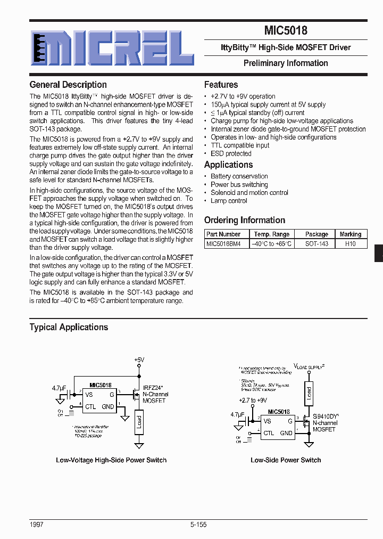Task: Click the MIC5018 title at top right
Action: point(286,31)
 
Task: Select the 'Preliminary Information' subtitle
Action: point(286,63)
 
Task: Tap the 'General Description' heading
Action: point(68,85)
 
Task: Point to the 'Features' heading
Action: point(221,85)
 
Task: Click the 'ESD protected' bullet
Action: point(231,153)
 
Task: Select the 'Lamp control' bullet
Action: point(229,201)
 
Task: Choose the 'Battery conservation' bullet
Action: point(239,176)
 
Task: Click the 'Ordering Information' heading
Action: point(245,220)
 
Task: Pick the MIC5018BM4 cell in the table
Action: point(224,243)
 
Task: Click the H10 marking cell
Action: point(350,243)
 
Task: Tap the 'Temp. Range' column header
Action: point(272,234)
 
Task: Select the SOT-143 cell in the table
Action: point(317,243)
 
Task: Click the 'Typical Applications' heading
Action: point(69,327)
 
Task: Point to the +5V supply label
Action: point(139,361)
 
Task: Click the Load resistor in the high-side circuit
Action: point(139,421)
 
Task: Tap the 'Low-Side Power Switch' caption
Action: point(286,460)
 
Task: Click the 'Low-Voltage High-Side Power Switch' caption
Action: point(111,460)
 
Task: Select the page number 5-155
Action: point(198,525)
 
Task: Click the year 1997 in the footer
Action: point(37,525)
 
